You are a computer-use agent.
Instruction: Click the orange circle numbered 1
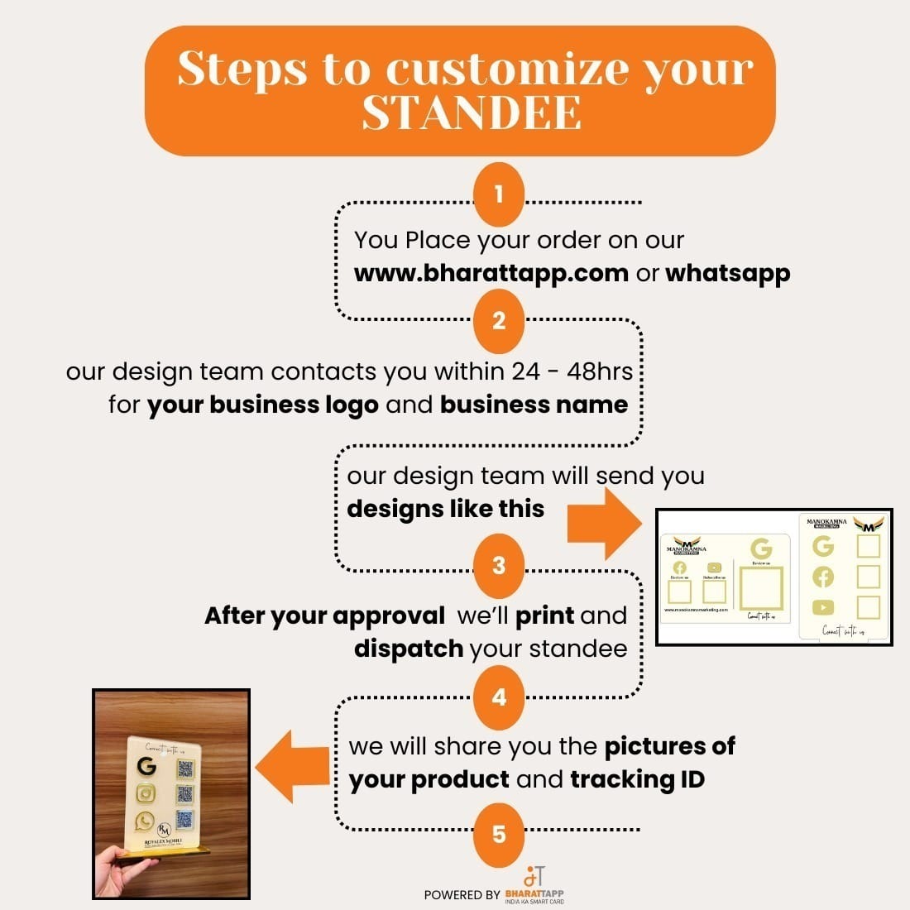[499, 195]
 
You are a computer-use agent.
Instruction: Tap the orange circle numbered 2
[499, 321]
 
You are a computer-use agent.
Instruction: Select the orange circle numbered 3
[499, 566]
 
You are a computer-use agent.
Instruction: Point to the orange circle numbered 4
[499, 697]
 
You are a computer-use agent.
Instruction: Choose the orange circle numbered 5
[499, 834]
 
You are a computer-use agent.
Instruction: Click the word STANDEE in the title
[472, 113]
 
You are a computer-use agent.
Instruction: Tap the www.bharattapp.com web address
[491, 274]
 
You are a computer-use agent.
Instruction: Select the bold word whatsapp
[727, 274]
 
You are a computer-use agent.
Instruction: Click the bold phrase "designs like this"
[445, 509]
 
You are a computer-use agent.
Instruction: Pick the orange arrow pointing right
[606, 524]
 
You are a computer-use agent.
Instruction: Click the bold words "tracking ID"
[637, 779]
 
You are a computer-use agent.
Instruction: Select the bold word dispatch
[408, 649]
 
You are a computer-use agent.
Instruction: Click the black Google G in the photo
[147, 766]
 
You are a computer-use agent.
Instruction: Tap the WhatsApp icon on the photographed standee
[146, 821]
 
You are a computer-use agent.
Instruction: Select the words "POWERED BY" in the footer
[462, 895]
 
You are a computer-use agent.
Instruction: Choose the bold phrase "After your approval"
[324, 615]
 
